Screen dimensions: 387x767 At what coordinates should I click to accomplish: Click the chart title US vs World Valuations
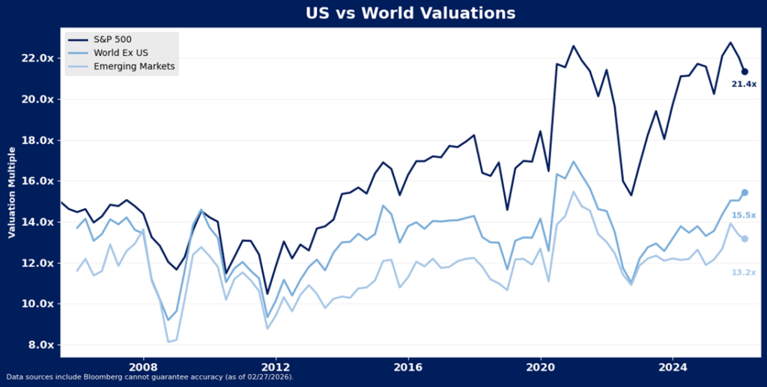pyautogui.click(x=410, y=13)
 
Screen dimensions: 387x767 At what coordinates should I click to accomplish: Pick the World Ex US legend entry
pyautogui.click(x=124, y=52)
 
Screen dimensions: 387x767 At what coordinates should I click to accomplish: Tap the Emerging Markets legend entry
pyautogui.click(x=134, y=67)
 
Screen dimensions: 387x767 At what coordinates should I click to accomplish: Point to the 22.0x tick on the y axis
pyautogui.click(x=37, y=58)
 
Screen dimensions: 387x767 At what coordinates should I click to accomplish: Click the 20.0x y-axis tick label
pyautogui.click(x=37, y=100)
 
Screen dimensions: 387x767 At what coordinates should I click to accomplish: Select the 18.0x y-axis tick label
pyautogui.click(x=37, y=140)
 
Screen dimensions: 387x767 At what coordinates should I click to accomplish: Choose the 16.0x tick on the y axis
pyautogui.click(x=37, y=181)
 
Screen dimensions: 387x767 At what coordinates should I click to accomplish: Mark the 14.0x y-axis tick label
pyautogui.click(x=37, y=222)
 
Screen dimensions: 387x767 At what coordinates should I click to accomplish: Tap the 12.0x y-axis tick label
pyautogui.click(x=37, y=263)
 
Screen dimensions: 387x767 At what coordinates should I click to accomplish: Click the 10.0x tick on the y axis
pyautogui.click(x=37, y=304)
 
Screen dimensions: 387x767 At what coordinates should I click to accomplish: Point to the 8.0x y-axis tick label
pyautogui.click(x=40, y=345)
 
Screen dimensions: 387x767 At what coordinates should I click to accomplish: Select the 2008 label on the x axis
pyautogui.click(x=143, y=368)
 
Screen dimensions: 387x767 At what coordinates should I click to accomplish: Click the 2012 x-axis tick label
pyautogui.click(x=276, y=368)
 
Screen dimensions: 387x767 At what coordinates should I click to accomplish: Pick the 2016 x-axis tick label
pyautogui.click(x=408, y=368)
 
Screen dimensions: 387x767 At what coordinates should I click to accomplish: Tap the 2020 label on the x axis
pyautogui.click(x=541, y=368)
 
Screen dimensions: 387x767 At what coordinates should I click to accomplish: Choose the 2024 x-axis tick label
pyautogui.click(x=673, y=368)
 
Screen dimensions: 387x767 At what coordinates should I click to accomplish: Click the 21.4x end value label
pyautogui.click(x=744, y=85)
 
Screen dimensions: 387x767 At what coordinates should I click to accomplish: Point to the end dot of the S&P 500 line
pyautogui.click(x=744, y=71)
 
